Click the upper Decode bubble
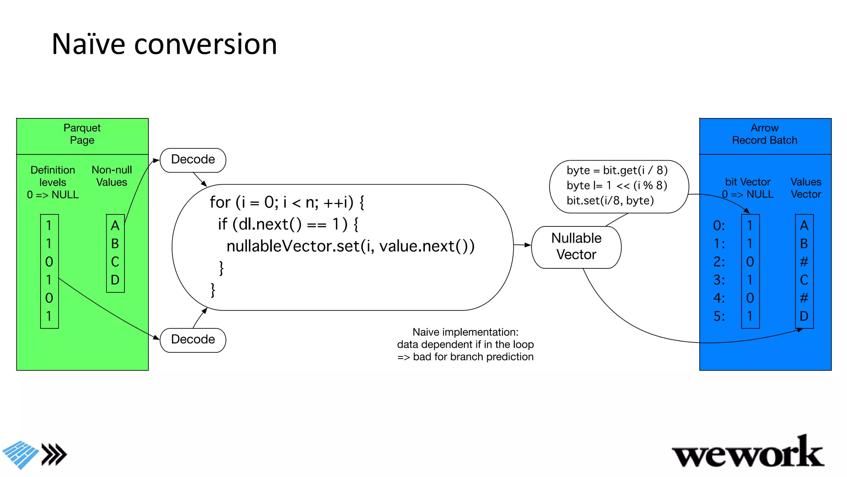click(193, 160)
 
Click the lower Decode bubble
click(193, 340)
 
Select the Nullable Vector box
click(576, 247)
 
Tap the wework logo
click(748, 453)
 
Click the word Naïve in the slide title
click(88, 44)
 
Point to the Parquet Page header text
click(82, 134)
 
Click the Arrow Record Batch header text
click(764, 134)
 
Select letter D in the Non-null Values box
click(115, 280)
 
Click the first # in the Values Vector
click(804, 262)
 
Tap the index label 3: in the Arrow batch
click(719, 280)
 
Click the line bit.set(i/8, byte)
click(610, 201)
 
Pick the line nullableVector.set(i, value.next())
click(350, 246)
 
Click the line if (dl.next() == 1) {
click(288, 224)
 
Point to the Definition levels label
click(53, 176)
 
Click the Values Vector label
click(806, 188)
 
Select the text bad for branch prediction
click(473, 357)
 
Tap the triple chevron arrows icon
click(54, 455)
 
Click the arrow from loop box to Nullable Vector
click(522, 245)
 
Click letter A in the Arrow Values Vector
click(804, 226)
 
